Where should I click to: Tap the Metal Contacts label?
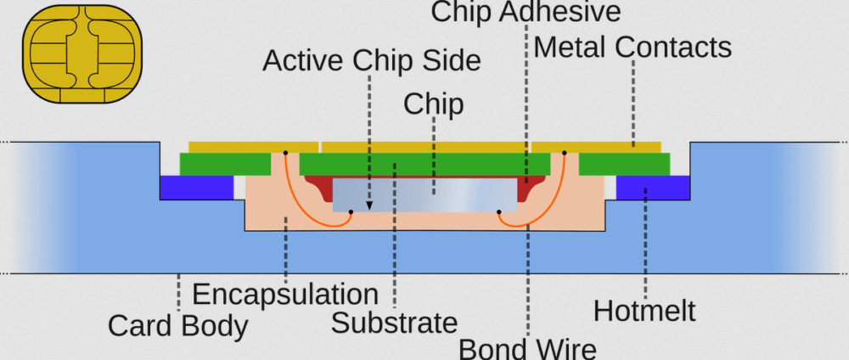coord(633,47)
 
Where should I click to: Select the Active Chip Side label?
coord(371,60)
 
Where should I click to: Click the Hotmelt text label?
coord(644,311)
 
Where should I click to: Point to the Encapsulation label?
coord(285,295)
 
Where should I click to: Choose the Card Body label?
coord(178,325)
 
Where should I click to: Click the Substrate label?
coord(394,323)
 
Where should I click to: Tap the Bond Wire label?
coord(527,348)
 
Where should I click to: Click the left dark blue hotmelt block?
coord(196,188)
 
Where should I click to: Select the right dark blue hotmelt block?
coord(652,188)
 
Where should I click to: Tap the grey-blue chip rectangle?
coord(424,194)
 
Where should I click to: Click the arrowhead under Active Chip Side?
coord(369,205)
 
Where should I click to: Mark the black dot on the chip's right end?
coord(499,211)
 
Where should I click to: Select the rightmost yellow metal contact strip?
coord(596,147)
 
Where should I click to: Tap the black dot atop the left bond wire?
coord(286,153)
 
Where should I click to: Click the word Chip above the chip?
coord(433,104)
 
